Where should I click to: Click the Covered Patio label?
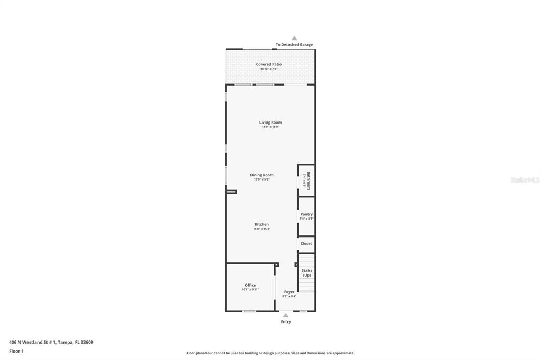269,64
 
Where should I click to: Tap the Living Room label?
270,122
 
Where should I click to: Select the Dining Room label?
262,175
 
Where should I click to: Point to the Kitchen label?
262,224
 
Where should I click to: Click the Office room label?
250,285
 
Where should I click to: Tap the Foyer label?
289,292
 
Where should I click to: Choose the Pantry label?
306,214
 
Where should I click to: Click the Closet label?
306,244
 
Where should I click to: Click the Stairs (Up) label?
306,273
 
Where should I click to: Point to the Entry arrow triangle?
286,315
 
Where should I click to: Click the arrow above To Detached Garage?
294,38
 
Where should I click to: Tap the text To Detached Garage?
294,45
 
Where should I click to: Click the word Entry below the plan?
286,321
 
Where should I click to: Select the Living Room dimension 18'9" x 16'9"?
270,127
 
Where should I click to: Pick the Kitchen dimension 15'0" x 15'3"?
262,229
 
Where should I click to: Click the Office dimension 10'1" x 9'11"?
250,289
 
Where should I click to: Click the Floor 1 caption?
16,351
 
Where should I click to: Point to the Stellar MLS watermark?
525,180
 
